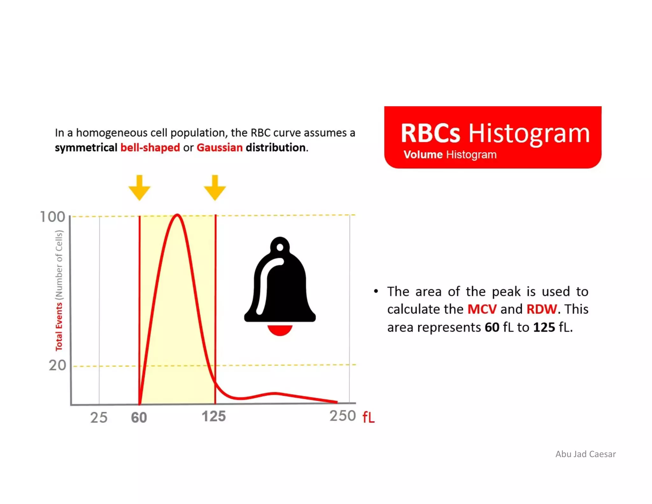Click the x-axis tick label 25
coord(99,417)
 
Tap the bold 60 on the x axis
coord(139,417)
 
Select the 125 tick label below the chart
coord(214,416)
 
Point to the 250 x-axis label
coord(342,416)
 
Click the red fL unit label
coord(368,417)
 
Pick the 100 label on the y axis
coord(53,217)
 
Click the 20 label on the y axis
coord(57,365)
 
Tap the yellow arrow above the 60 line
coord(139,188)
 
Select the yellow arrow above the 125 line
coord(215,188)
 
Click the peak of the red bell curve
coord(177,215)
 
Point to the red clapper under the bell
coord(280,330)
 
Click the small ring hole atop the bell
coord(280,247)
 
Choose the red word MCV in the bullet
coord(482,309)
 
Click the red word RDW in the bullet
coord(541,309)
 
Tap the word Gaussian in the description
coord(219,148)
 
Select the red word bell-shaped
coord(150,148)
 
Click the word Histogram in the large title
coord(529,133)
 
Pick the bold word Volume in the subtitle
coord(423,155)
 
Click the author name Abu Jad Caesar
coord(585,454)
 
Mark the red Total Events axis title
coord(59,327)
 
